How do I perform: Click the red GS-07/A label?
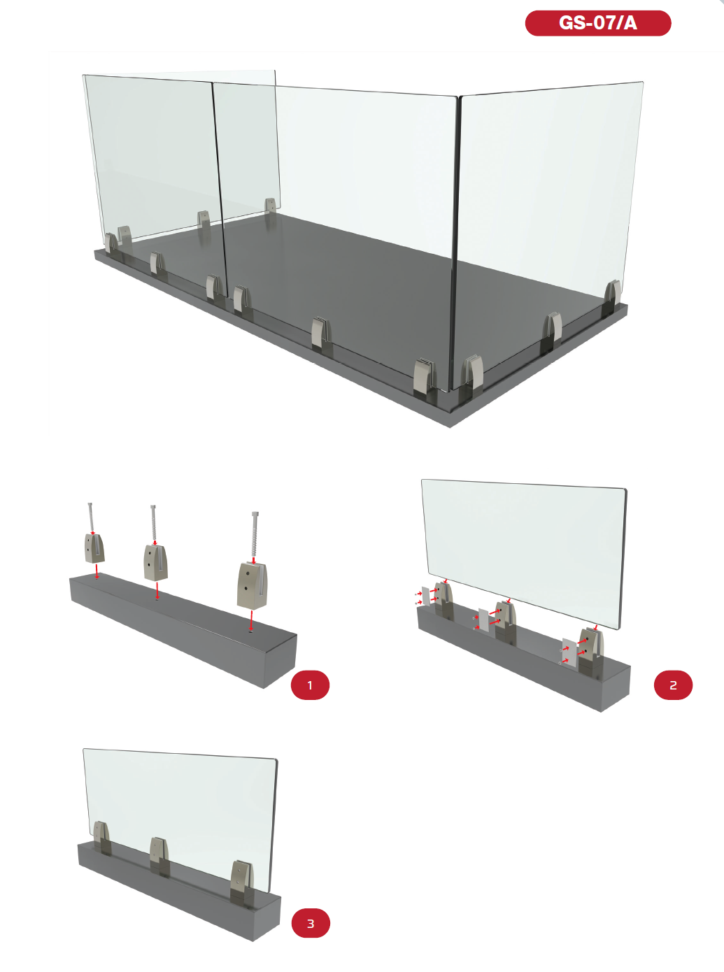pos(597,23)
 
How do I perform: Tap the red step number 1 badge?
pos(310,685)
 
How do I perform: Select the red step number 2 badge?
pos(673,685)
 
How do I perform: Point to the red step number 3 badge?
pos(311,923)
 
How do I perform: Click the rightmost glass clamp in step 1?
pos(252,585)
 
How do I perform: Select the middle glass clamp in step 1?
pos(155,563)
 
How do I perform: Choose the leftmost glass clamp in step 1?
pos(94,548)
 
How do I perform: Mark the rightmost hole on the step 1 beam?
pos(250,631)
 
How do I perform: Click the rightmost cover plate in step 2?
pos(569,652)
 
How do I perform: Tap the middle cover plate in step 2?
pos(483,620)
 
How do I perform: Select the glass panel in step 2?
pos(524,553)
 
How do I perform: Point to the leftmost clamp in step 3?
pos(101,838)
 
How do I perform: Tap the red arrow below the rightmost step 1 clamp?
pos(251,620)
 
